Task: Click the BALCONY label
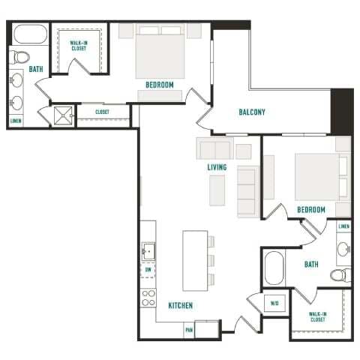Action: [252, 112]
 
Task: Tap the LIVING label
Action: [217, 167]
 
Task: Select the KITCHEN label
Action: [180, 305]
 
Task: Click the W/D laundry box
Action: [274, 304]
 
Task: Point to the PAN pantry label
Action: [188, 328]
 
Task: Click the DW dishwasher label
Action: [148, 269]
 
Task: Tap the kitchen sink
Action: [148, 252]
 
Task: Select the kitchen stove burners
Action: [148, 298]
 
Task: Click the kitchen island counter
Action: [195, 259]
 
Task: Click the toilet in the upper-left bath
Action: [22, 56]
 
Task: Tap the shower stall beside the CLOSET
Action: [61, 115]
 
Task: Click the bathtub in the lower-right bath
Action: [274, 268]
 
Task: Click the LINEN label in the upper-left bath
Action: [15, 120]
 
